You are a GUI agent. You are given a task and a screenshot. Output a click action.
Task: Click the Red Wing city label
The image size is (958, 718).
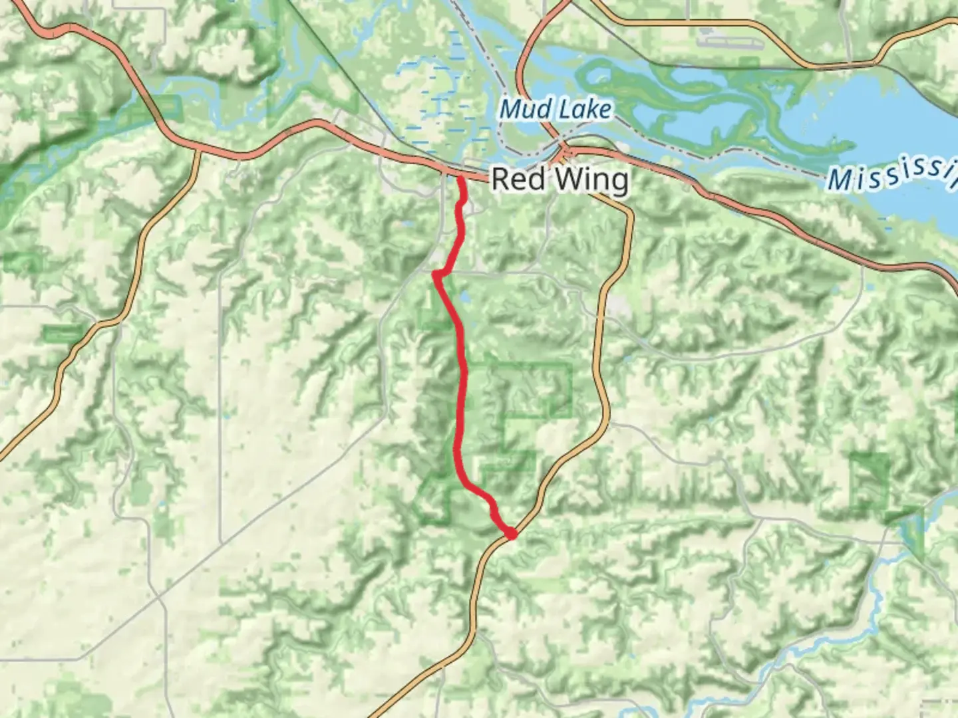[559, 179]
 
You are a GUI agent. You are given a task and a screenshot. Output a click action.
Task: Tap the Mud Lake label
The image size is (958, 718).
[555, 109]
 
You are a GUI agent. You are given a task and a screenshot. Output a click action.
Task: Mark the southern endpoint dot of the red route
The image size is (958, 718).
[511, 534]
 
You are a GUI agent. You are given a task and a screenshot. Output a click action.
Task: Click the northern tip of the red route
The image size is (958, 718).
[460, 178]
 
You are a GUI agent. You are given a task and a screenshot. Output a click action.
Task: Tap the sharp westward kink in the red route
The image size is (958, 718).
[436, 273]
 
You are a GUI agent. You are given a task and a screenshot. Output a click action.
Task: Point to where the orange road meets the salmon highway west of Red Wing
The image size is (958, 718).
[198, 152]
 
